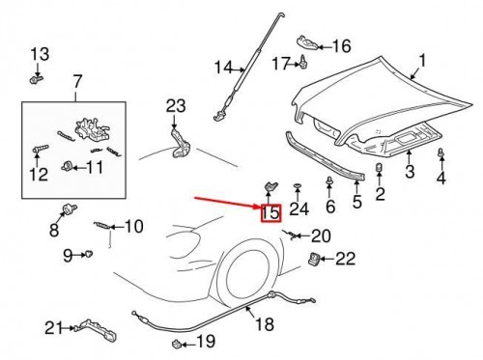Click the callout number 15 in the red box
tap(270, 211)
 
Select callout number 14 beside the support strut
tap(223, 68)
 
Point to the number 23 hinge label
tap(175, 104)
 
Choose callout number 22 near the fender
tap(345, 258)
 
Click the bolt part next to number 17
tap(303, 64)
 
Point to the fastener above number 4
tap(441, 154)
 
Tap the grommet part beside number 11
tap(67, 167)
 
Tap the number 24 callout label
tap(298, 208)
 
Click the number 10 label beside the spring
tap(132, 227)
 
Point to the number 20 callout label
tap(321, 235)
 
